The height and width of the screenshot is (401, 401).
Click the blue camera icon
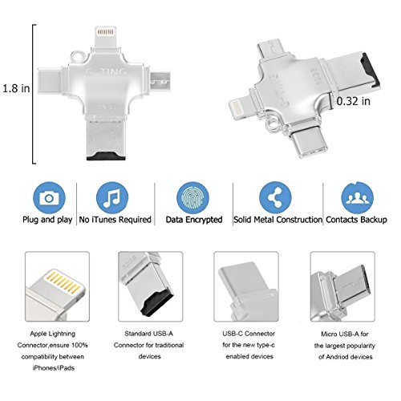point(49,198)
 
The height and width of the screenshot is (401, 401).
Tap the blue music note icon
point(112,198)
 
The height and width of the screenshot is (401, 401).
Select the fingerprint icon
point(192,198)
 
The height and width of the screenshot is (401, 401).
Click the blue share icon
point(275,198)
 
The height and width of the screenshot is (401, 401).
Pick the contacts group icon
point(358,198)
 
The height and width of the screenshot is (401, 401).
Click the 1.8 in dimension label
point(16,88)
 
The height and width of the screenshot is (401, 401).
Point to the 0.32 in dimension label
point(354,101)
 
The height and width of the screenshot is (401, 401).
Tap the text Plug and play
point(47,220)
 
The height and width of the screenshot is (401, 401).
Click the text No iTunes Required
point(115,220)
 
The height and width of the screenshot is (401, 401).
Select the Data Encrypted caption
point(194,220)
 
